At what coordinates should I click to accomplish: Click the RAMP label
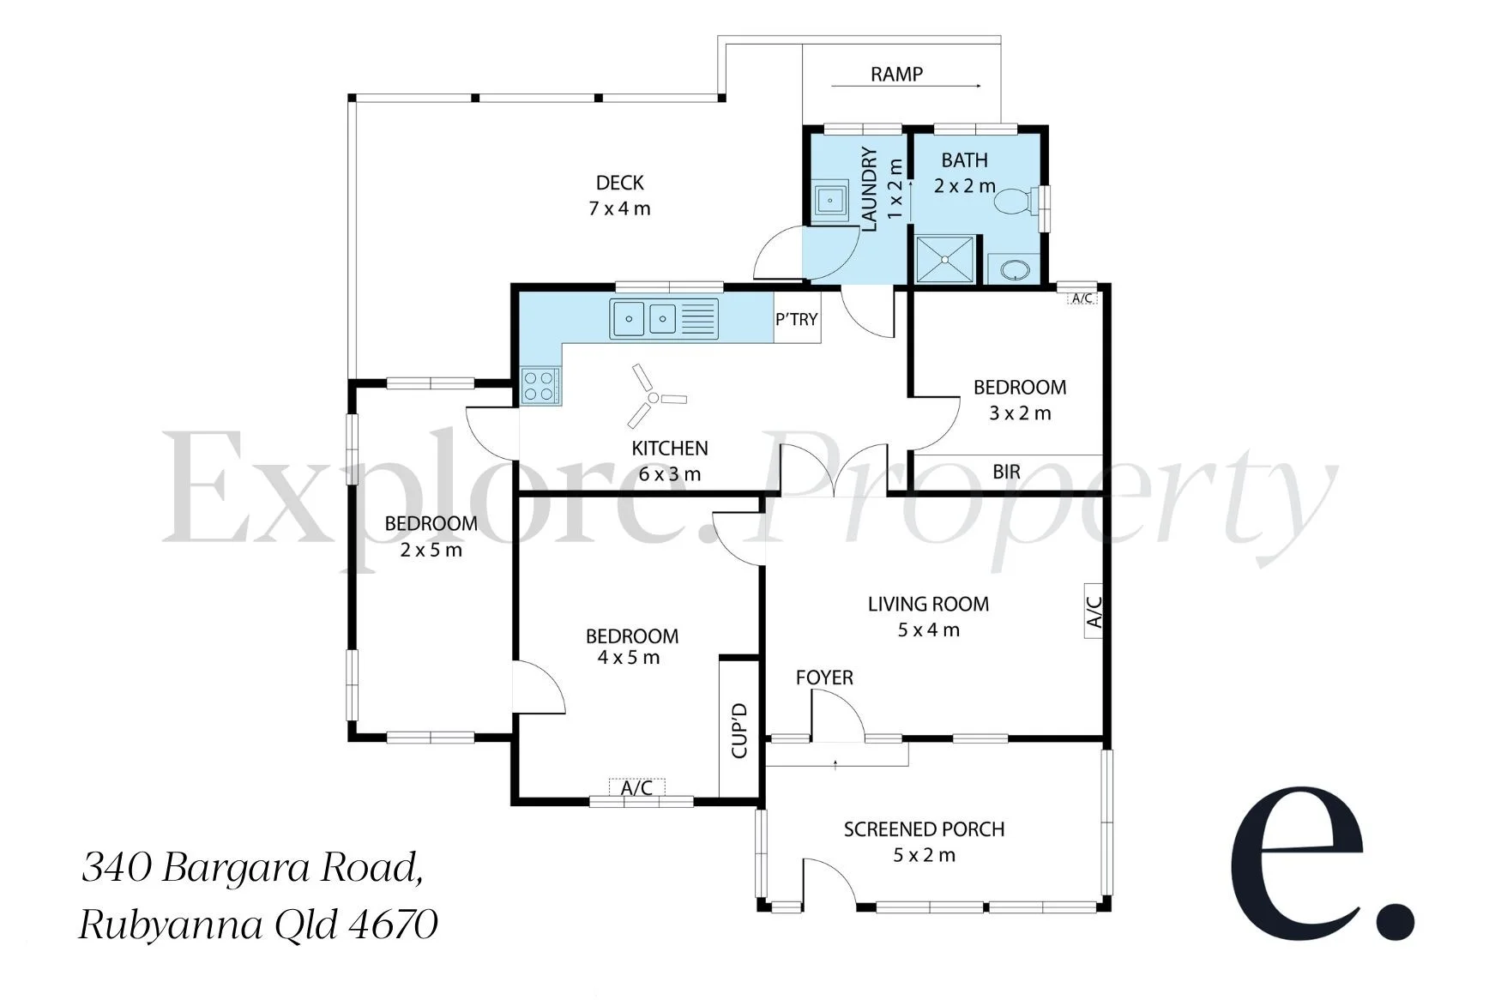click(x=896, y=75)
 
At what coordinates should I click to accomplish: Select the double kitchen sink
click(x=664, y=319)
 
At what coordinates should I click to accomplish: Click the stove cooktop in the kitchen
click(x=540, y=385)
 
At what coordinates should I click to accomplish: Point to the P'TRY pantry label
click(x=797, y=319)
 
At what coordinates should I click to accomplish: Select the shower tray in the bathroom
click(x=947, y=259)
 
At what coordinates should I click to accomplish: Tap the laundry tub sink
click(x=829, y=202)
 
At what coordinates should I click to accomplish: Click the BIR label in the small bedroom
click(x=1006, y=472)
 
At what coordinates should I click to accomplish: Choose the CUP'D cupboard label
click(x=739, y=731)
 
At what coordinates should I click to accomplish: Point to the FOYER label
click(x=824, y=678)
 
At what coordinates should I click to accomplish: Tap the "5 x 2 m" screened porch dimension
click(x=924, y=855)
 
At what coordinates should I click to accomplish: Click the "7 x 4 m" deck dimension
click(x=619, y=208)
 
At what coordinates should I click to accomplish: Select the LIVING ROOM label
click(x=928, y=604)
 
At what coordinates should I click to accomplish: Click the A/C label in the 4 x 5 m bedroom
click(x=636, y=787)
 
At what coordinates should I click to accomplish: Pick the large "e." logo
click(x=1322, y=862)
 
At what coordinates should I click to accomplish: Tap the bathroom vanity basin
click(x=1015, y=269)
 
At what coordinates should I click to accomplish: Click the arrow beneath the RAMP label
click(x=906, y=86)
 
